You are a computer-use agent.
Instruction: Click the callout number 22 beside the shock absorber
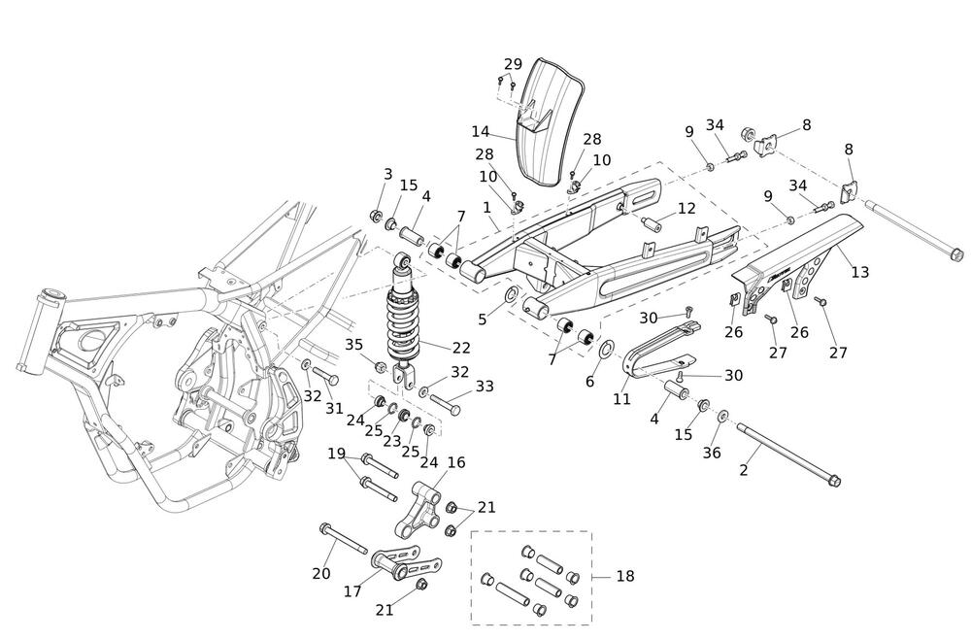tap(460, 348)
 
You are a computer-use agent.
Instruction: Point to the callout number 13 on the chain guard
tap(860, 272)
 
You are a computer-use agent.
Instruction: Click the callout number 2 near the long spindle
tap(744, 470)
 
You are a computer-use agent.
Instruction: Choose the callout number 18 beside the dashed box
tap(624, 576)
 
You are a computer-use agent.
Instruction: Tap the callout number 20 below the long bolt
tap(321, 573)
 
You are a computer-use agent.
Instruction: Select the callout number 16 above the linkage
tap(456, 462)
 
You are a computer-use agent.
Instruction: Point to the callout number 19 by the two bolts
tap(336, 453)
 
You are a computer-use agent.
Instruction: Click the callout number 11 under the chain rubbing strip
tap(622, 398)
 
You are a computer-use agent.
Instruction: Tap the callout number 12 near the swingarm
tap(686, 208)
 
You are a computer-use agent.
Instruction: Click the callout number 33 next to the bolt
tap(484, 386)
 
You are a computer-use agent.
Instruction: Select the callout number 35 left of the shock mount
tap(354, 344)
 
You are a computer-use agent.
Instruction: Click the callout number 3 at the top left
tap(387, 174)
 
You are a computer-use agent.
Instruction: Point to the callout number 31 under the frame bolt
tap(334, 409)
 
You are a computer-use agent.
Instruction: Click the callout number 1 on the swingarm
tap(486, 206)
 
